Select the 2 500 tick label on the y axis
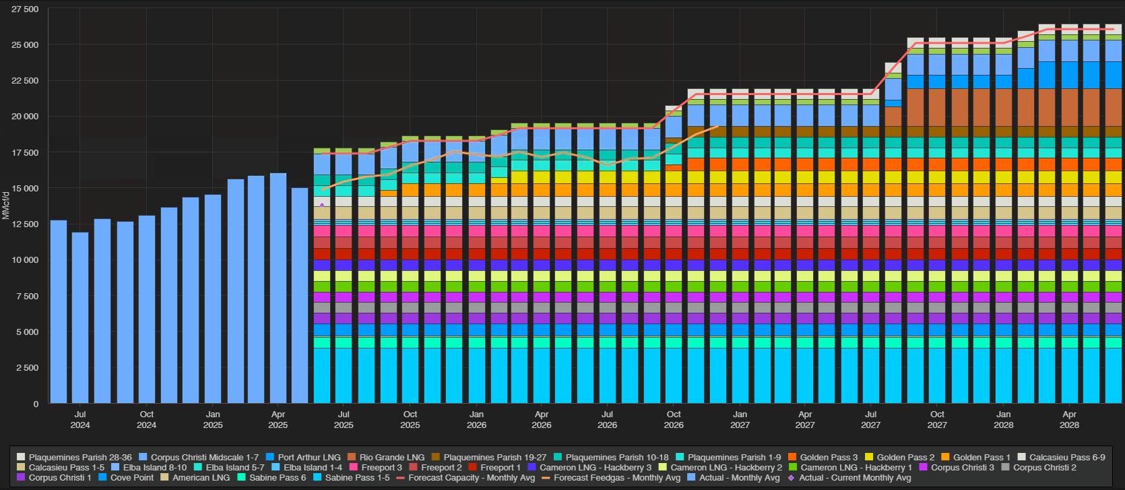click(x=28, y=368)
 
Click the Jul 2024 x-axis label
click(x=80, y=419)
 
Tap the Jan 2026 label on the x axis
click(x=476, y=419)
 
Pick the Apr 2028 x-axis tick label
click(x=1069, y=419)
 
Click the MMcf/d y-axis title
click(x=6, y=205)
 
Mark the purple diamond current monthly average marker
click(x=322, y=205)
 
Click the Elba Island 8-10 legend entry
click(x=154, y=468)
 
